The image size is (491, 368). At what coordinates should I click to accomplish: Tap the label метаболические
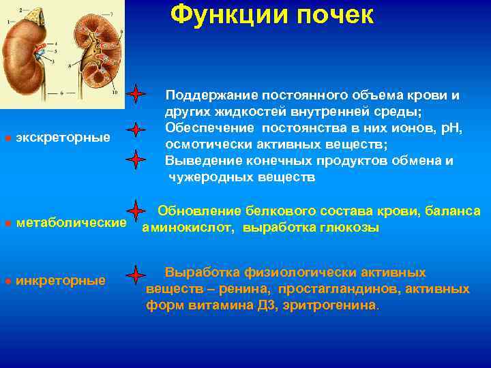71,223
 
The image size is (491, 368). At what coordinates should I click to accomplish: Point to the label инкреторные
61,280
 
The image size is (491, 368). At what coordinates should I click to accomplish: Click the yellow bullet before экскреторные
8,138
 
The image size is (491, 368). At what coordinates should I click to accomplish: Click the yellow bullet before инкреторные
8,281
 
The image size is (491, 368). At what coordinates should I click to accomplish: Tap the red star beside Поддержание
137,93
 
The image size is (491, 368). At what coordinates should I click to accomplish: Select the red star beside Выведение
137,159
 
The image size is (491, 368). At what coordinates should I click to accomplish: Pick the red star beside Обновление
137,211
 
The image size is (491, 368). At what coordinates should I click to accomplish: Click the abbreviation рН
447,128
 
